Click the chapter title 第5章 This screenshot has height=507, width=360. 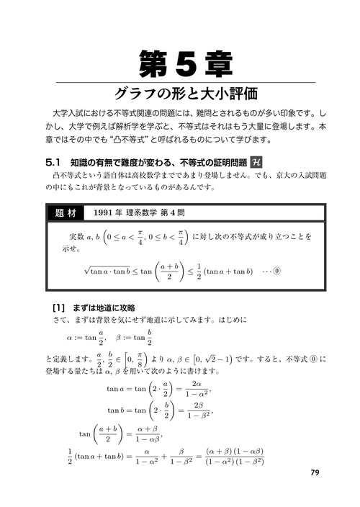click(x=180, y=63)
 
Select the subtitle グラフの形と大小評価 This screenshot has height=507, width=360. click(x=180, y=94)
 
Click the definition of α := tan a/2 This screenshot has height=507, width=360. click(x=86, y=337)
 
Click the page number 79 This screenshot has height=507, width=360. click(x=315, y=472)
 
